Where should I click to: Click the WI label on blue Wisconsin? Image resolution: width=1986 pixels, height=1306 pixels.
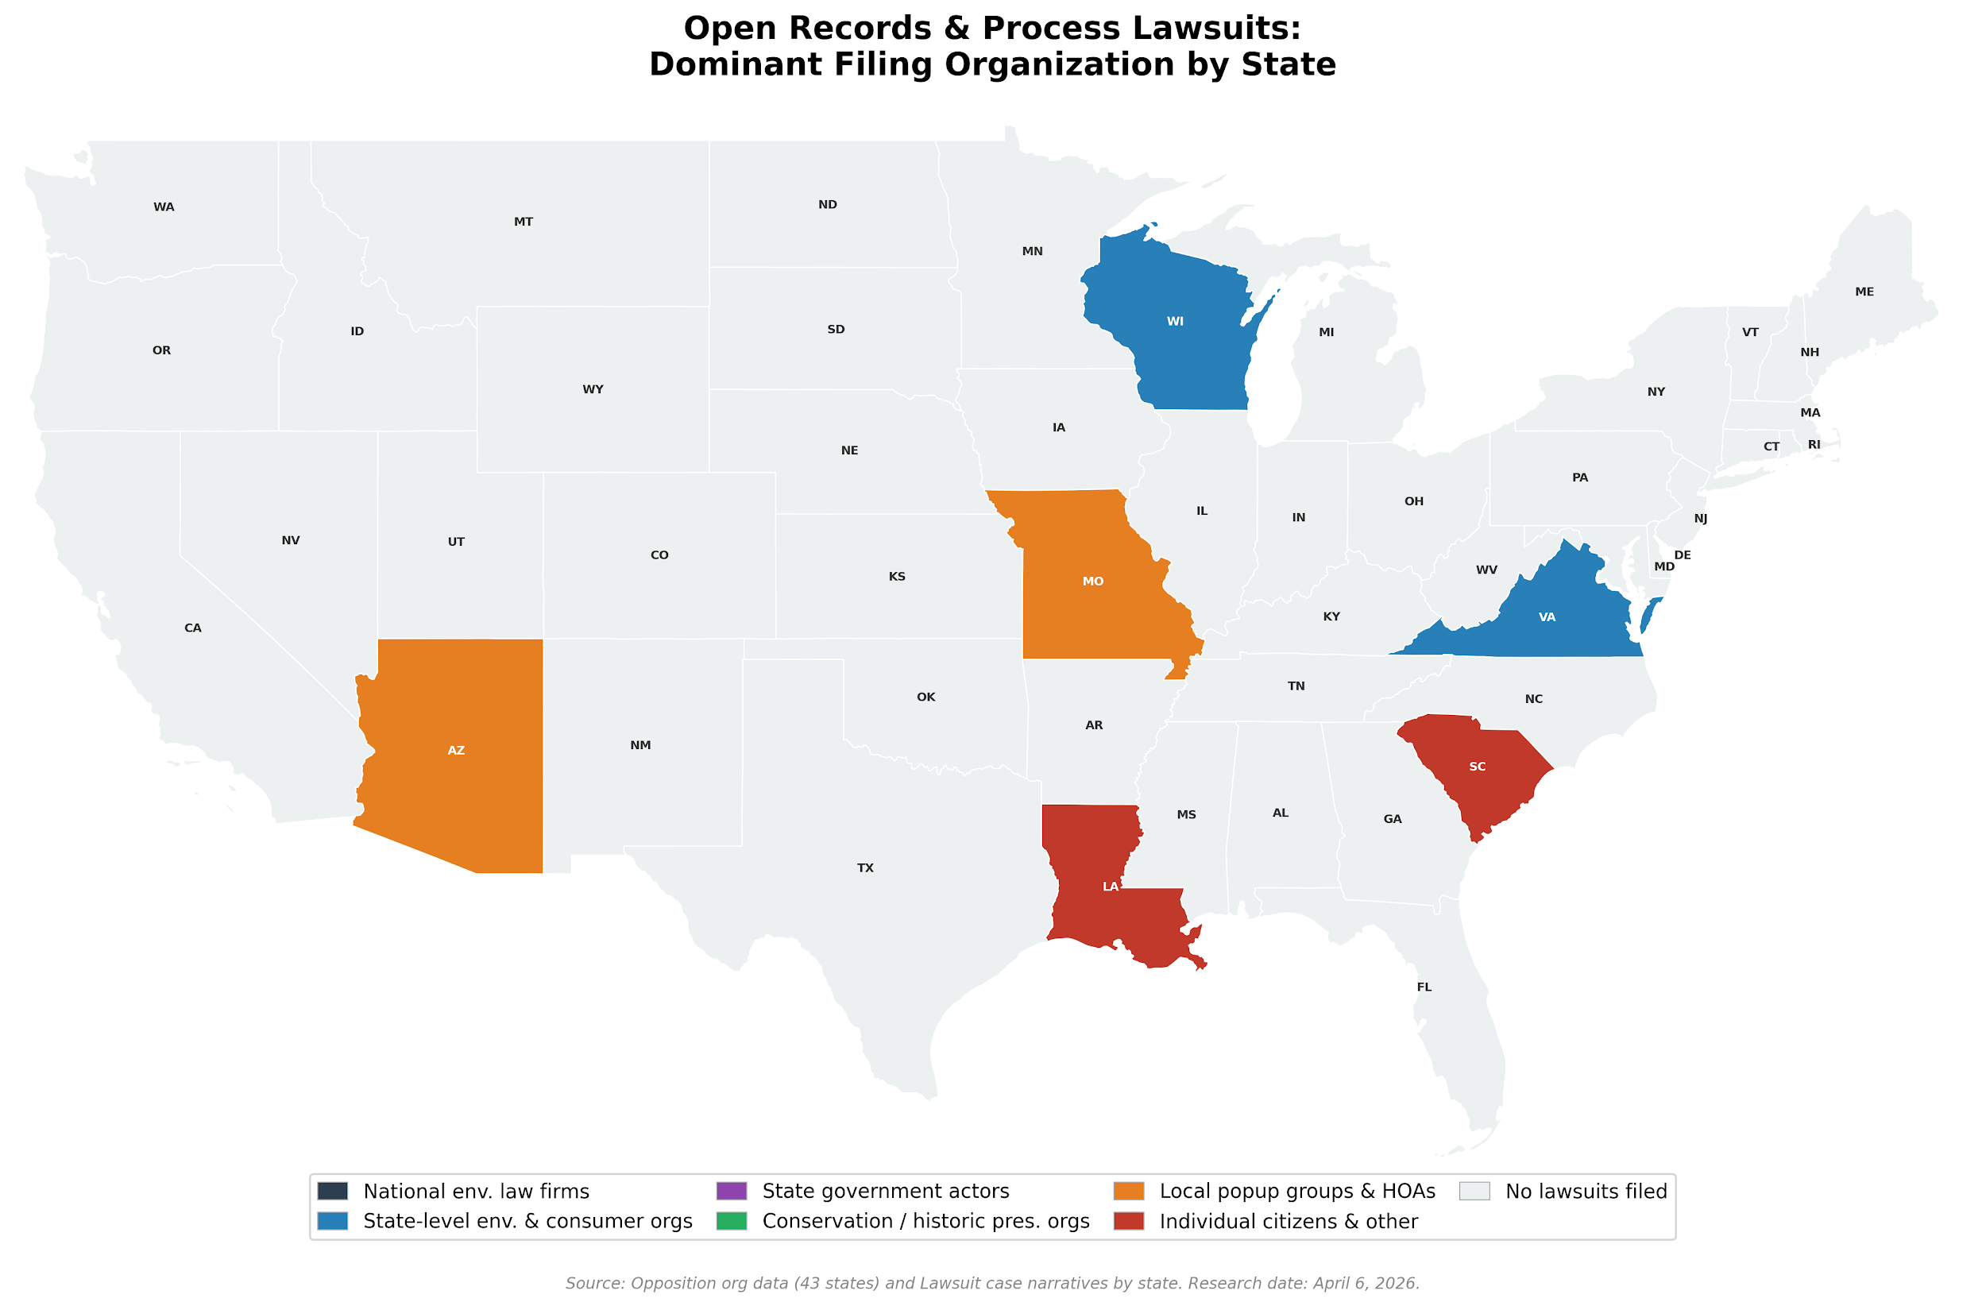click(1175, 321)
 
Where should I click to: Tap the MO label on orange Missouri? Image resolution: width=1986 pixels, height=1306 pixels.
click(1093, 582)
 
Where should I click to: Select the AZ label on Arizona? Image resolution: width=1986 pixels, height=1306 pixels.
click(456, 751)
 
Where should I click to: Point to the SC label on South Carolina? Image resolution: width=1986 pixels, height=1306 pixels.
click(1477, 767)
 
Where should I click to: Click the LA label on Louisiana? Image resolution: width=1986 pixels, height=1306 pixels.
click(1110, 887)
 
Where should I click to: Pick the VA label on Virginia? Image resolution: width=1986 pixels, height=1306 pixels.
click(1547, 617)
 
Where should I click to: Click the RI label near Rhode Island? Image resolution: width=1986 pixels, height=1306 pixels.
click(1814, 445)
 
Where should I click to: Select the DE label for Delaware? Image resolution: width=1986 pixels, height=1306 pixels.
click(1683, 555)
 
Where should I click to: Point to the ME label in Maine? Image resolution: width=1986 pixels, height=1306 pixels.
click(1864, 292)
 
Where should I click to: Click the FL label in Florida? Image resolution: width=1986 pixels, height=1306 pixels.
click(1424, 987)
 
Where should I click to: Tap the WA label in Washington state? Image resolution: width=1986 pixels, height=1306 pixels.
click(164, 207)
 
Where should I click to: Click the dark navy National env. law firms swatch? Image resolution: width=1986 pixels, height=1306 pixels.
click(332, 1191)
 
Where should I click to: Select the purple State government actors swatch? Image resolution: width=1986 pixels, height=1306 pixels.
click(731, 1191)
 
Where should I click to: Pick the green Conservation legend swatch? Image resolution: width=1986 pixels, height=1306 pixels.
click(731, 1221)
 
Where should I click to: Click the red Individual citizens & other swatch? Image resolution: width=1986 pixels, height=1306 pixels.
click(1128, 1221)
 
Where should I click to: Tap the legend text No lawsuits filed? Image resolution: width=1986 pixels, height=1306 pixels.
click(1586, 1191)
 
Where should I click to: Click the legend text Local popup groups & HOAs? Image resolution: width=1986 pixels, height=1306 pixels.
click(1296, 1191)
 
